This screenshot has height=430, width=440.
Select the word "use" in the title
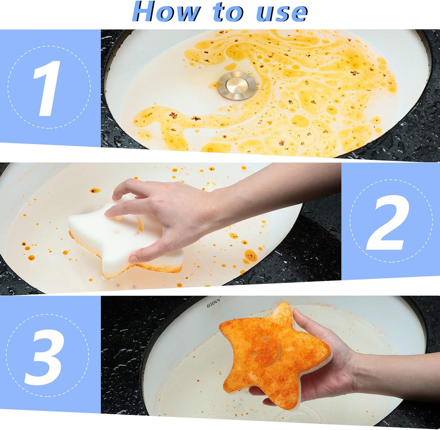coord(282,12)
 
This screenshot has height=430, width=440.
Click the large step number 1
coord(47,88)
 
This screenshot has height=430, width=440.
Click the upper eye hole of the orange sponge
coord(265,338)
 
